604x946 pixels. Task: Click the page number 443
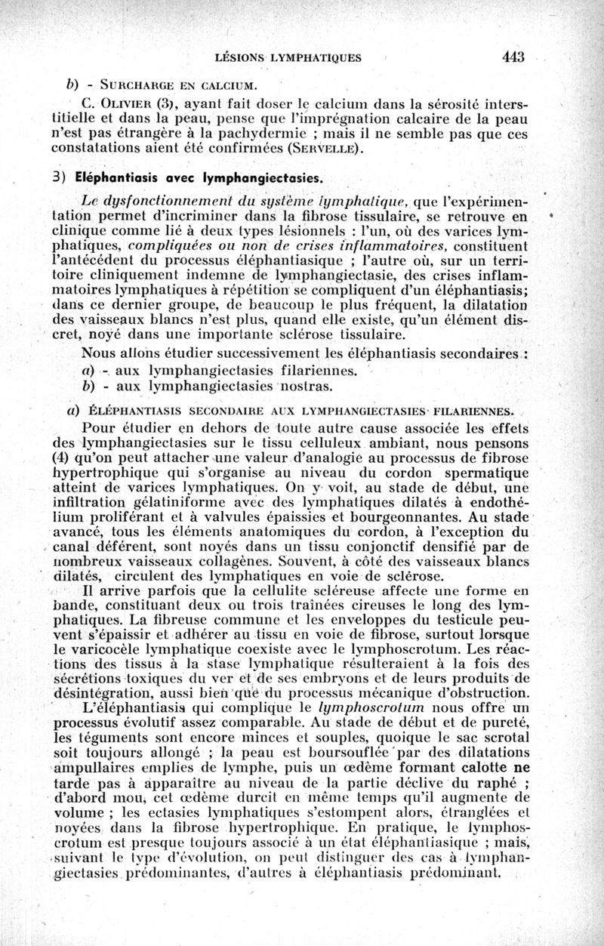coord(512,57)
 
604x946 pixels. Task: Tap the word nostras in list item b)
coord(305,387)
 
